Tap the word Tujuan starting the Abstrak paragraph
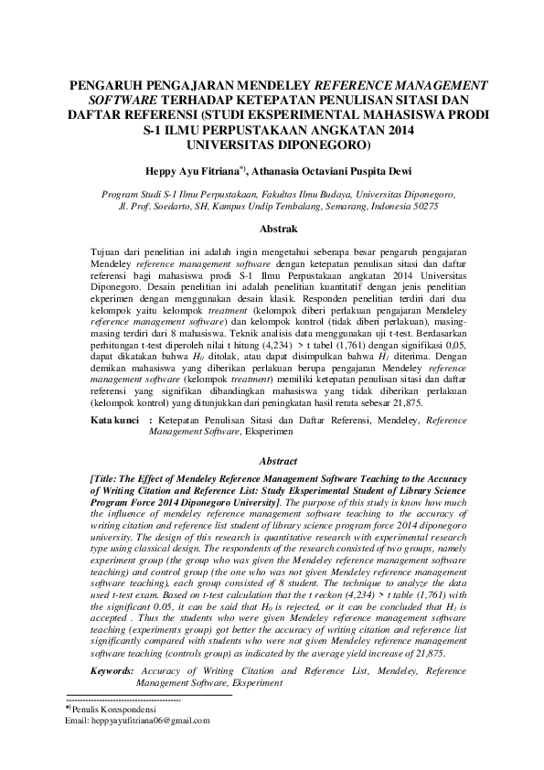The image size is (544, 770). tap(109, 250)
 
